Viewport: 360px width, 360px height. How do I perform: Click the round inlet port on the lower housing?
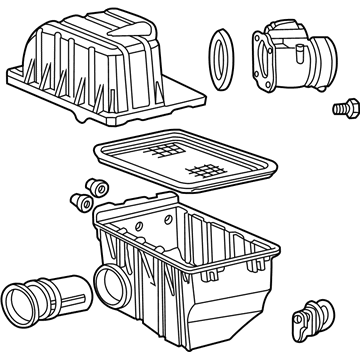pyautogui.click(x=111, y=282)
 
